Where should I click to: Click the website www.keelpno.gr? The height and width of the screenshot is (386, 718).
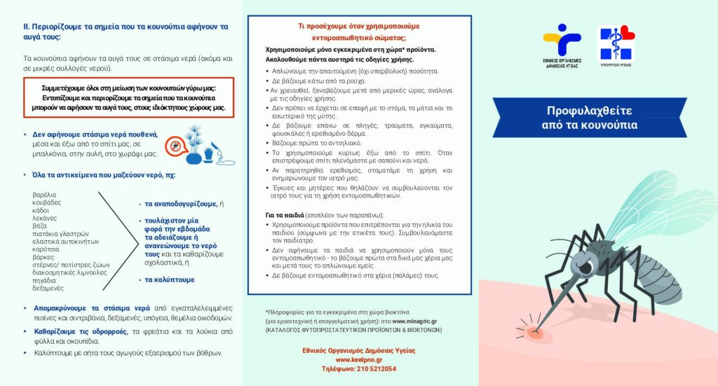click(x=359, y=359)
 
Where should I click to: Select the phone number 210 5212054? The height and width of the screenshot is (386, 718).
click(x=359, y=368)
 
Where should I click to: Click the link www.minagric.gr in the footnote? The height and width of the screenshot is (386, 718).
click(x=418, y=320)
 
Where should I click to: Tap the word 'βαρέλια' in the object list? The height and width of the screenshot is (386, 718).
click(x=44, y=194)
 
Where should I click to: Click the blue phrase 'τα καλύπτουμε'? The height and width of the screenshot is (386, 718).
click(x=170, y=280)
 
